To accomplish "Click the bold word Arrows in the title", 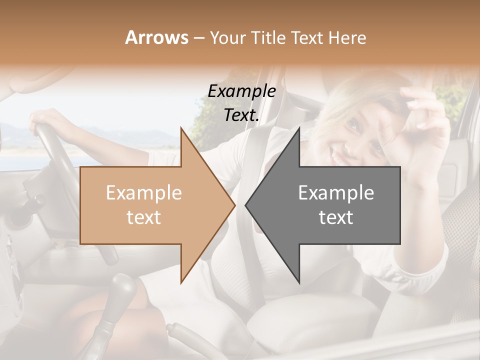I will [x=156, y=37].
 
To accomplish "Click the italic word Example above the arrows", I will [x=242, y=91].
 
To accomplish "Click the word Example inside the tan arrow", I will [x=144, y=192].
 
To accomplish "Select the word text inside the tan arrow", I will [x=144, y=217].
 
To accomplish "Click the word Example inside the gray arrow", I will [x=336, y=192].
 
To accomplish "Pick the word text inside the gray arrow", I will [x=336, y=217].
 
